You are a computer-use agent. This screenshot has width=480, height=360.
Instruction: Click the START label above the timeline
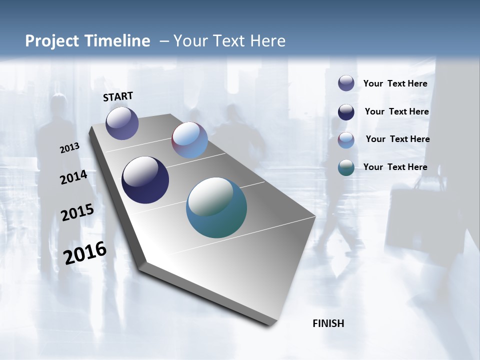pyautogui.click(x=118, y=96)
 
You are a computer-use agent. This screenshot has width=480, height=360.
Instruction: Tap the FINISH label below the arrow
pyautogui.click(x=328, y=323)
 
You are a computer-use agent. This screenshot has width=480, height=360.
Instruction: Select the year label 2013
pyautogui.click(x=70, y=148)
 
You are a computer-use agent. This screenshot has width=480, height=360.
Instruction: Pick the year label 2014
pyautogui.click(x=73, y=177)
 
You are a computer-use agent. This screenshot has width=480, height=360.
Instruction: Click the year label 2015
pyautogui.click(x=77, y=212)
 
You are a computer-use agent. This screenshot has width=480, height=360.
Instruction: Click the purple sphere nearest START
pyautogui.click(x=122, y=123)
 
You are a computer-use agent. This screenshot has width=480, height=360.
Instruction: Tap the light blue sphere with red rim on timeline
pyautogui.click(x=189, y=140)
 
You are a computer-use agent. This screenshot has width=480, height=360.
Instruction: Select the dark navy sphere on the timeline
pyautogui.click(x=145, y=180)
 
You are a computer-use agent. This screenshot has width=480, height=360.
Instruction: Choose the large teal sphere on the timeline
pyautogui.click(x=216, y=207)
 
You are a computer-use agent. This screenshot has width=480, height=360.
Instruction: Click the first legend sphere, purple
pyautogui.click(x=346, y=83)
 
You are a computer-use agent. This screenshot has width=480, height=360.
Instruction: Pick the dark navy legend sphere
pyautogui.click(x=346, y=112)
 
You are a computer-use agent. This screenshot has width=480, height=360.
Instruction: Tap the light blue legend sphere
pyautogui.click(x=346, y=140)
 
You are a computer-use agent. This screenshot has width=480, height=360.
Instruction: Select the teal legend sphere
pyautogui.click(x=346, y=167)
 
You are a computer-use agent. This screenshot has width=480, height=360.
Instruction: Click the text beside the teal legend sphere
pyautogui.click(x=395, y=167)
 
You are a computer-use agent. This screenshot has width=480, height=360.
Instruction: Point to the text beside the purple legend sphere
pyautogui.click(x=395, y=83)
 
